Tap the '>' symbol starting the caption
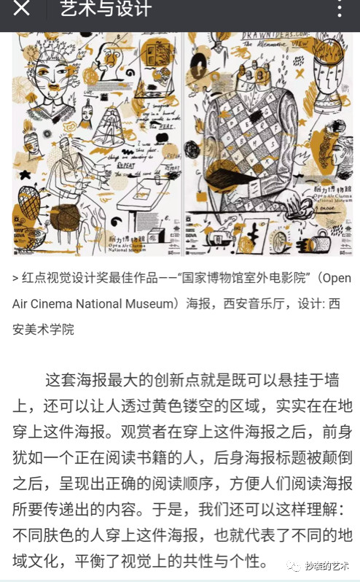[15, 279]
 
